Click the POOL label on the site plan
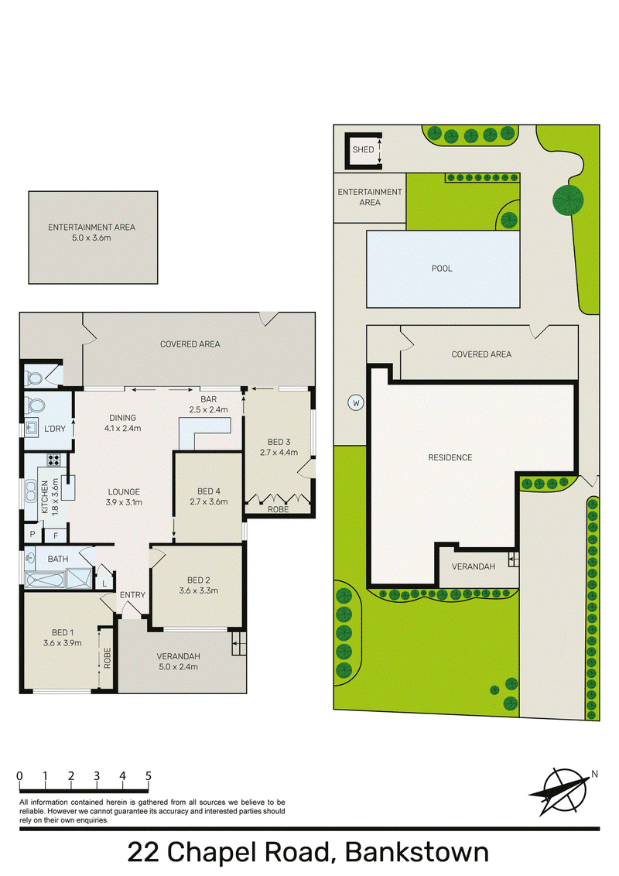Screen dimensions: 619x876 tap(441, 269)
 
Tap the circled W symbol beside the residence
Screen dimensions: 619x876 tap(356, 402)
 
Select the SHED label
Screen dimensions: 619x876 tap(363, 149)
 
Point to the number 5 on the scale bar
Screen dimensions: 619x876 tap(148, 775)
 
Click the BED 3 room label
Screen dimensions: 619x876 tap(279, 442)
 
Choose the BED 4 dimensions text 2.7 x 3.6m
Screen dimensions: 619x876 tap(209, 501)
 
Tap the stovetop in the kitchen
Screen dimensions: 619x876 tap(53, 460)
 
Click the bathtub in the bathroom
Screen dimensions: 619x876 tap(45, 580)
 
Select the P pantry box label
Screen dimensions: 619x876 tap(32, 534)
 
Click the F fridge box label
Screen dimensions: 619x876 tap(56, 536)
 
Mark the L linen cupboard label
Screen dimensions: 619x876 tap(104, 583)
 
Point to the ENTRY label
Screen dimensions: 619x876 tap(132, 595)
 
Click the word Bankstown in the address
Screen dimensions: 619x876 tap(417, 853)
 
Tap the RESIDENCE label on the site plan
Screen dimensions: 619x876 tap(450, 457)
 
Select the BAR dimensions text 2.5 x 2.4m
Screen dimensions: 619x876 tap(208, 409)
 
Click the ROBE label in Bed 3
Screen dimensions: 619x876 tap(279, 509)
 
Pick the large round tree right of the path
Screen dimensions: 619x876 tap(568, 200)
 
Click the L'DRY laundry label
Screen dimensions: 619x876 tap(55, 429)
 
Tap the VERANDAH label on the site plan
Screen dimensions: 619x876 tap(474, 566)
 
